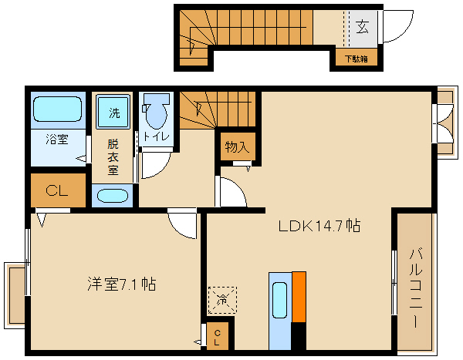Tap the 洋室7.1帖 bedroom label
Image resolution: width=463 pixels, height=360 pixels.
tap(121, 284)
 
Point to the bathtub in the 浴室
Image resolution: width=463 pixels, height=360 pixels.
tap(58, 109)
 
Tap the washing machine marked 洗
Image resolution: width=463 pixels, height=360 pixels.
tap(113, 113)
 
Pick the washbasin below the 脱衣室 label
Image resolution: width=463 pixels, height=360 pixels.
tap(113, 196)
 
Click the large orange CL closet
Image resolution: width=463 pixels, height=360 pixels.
tap(58, 190)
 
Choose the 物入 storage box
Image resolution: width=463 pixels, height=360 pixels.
tap(236, 146)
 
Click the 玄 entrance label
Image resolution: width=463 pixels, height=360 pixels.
tap(361, 27)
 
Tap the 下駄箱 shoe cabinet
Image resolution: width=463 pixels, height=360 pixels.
tap(356, 58)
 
